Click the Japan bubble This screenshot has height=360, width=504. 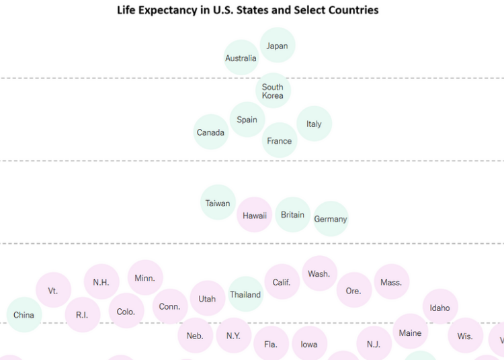pyautogui.click(x=277, y=46)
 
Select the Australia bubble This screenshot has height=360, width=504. pyautogui.click(x=241, y=58)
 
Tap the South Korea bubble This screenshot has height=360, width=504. pyautogui.click(x=273, y=91)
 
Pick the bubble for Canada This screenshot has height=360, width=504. pyautogui.click(x=210, y=132)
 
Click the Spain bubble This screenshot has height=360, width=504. pyautogui.click(x=247, y=120)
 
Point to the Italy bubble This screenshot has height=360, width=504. pyautogui.click(x=314, y=124)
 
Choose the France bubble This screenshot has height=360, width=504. pyautogui.click(x=279, y=140)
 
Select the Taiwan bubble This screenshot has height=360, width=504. pyautogui.click(x=218, y=203)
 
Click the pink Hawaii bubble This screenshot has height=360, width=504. pyautogui.click(x=255, y=215)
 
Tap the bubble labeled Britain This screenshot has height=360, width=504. pyautogui.click(x=292, y=215)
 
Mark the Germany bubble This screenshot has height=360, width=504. pyautogui.click(x=331, y=219)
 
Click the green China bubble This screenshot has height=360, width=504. pyautogui.click(x=24, y=314)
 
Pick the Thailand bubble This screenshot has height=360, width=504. pyautogui.click(x=245, y=294)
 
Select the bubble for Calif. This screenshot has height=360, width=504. pyautogui.click(x=282, y=282)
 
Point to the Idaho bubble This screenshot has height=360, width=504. pyautogui.click(x=440, y=307)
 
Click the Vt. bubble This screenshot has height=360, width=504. pyautogui.click(x=53, y=290)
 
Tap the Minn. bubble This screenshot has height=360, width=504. pyautogui.click(x=144, y=277)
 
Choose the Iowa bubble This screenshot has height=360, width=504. pyautogui.click(x=309, y=344)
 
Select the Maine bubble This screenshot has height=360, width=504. pyautogui.click(x=410, y=332)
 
